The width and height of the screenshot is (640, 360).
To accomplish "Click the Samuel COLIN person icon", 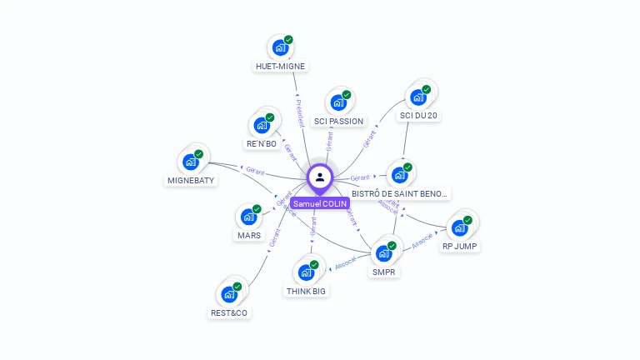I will (x=320, y=177).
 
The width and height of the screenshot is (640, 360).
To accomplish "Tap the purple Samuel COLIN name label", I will (x=320, y=203).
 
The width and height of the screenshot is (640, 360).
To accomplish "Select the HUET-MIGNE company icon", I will (x=280, y=47).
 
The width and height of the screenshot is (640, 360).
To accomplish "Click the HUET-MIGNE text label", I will (x=280, y=66).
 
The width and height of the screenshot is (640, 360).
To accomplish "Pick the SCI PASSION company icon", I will (x=338, y=102).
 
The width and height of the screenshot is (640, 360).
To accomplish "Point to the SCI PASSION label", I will (x=338, y=121).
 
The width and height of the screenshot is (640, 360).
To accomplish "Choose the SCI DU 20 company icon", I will (x=418, y=97).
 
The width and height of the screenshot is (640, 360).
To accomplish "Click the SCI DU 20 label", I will (x=418, y=116).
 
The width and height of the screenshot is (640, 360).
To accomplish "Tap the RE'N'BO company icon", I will (x=262, y=125).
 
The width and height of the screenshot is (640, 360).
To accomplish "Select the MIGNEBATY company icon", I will (x=191, y=161).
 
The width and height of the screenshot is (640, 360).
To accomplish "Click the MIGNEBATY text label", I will (x=191, y=180).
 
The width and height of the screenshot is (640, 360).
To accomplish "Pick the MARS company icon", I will (x=248, y=217).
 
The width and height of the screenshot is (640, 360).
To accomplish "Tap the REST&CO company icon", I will (x=229, y=294).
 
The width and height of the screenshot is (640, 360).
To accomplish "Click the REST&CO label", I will (x=229, y=313).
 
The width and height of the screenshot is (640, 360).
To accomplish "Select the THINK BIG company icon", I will (x=306, y=272).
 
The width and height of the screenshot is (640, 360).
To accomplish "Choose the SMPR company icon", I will (x=384, y=252).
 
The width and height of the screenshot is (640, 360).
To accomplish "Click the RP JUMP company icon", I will (x=460, y=227).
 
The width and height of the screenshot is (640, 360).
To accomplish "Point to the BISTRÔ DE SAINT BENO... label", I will (x=400, y=193).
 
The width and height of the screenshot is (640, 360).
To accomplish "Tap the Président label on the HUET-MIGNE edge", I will (x=301, y=112).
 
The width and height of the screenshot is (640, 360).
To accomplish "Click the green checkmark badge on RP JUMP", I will (x=467, y=220).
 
